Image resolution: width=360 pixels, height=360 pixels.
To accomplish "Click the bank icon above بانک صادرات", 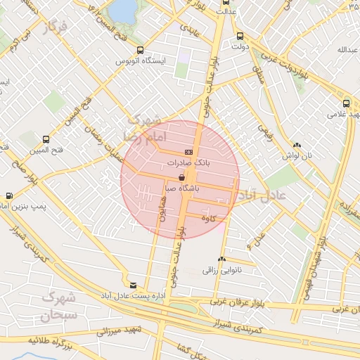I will (188, 152).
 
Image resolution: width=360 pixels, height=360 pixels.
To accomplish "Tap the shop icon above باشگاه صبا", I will (183, 178).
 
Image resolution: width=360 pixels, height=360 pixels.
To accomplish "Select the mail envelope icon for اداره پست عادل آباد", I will (134, 285).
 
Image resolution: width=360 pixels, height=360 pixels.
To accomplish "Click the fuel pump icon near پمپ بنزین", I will (9, 195).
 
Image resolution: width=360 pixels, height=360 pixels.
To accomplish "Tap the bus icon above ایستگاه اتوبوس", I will (140, 50).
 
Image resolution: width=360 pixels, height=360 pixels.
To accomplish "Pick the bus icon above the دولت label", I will (240, 37).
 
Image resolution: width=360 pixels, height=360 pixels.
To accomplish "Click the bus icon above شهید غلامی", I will (347, 101).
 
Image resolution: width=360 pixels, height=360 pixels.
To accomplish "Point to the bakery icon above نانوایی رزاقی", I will (222, 259).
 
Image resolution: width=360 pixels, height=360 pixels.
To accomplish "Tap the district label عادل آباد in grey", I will (263, 194).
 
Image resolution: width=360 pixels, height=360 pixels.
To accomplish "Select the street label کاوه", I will (208, 219).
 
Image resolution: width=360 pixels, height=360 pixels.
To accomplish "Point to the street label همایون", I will (161, 209).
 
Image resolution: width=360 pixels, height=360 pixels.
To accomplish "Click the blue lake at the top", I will (124, 10).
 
